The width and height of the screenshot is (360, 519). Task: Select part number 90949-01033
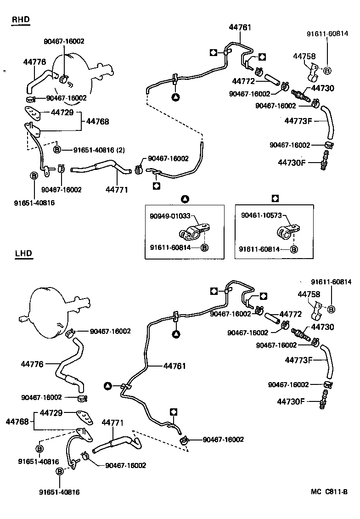(169, 216)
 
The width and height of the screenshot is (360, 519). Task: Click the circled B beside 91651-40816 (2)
(57, 150)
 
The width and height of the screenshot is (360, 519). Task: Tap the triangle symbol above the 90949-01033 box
(185, 198)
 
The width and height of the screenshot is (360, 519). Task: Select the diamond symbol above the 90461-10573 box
(275, 198)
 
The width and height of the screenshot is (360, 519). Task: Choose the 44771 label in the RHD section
(117, 189)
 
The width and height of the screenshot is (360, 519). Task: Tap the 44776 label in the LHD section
(32, 364)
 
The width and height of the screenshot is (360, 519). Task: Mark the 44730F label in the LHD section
(291, 401)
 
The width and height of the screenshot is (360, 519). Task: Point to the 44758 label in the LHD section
(309, 293)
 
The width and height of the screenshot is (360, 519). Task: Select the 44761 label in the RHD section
(240, 28)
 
